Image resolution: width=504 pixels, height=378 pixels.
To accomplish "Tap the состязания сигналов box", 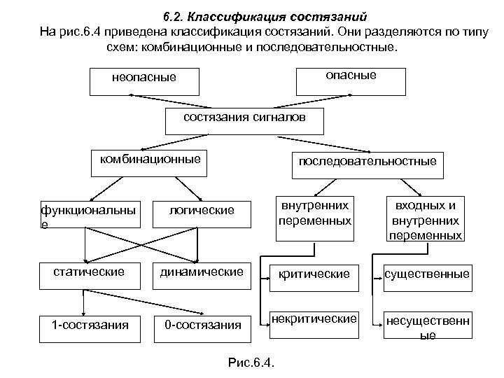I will click(244, 120).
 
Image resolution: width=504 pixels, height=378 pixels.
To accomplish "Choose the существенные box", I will click(427, 274).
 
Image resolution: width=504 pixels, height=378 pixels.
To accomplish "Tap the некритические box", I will click(314, 320).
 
